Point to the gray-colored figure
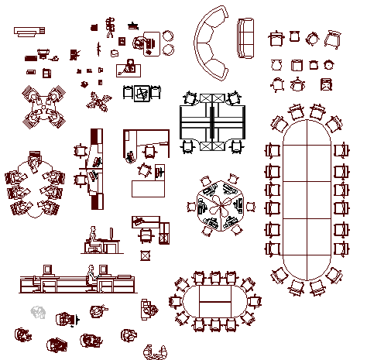point(39,312)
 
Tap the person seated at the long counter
point(91,276)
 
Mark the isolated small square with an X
point(144,255)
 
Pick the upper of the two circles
point(168,35)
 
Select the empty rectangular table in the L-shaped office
point(148,188)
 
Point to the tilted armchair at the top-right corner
point(332,37)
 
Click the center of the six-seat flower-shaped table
point(36,189)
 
